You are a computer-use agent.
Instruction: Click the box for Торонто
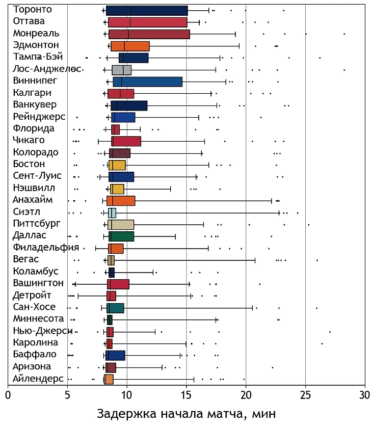click(x=147, y=10)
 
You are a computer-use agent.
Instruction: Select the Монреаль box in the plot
click(x=149, y=34)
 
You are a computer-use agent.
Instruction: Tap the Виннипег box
click(x=148, y=82)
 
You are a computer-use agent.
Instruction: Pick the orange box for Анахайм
click(x=121, y=200)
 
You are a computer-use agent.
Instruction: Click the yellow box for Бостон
click(x=117, y=165)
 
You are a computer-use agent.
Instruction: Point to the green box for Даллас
click(x=121, y=236)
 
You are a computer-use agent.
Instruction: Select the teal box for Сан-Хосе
click(x=115, y=308)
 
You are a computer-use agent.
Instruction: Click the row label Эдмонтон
click(x=36, y=45)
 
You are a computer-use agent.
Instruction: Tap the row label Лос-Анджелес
click(x=45, y=69)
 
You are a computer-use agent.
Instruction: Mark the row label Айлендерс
click(x=39, y=379)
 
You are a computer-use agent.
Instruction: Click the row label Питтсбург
click(x=37, y=224)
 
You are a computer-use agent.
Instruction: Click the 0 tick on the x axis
click(x=8, y=395)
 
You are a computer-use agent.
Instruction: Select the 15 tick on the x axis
click(x=186, y=395)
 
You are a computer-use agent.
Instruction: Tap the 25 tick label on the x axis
click(x=305, y=395)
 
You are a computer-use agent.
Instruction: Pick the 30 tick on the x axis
click(x=364, y=395)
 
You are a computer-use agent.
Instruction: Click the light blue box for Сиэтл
click(x=112, y=212)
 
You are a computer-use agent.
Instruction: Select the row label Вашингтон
click(x=39, y=283)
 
